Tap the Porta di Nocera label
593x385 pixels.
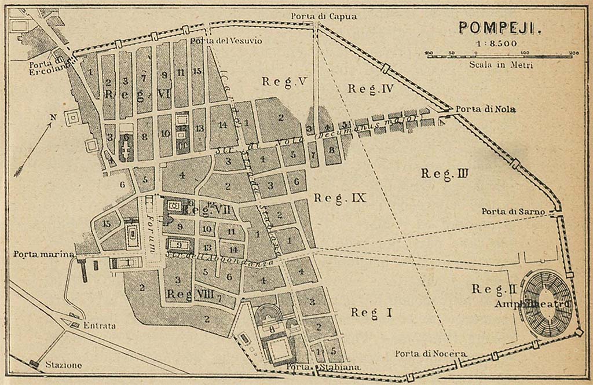431,353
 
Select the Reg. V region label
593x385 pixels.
283,82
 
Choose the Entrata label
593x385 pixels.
98,326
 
